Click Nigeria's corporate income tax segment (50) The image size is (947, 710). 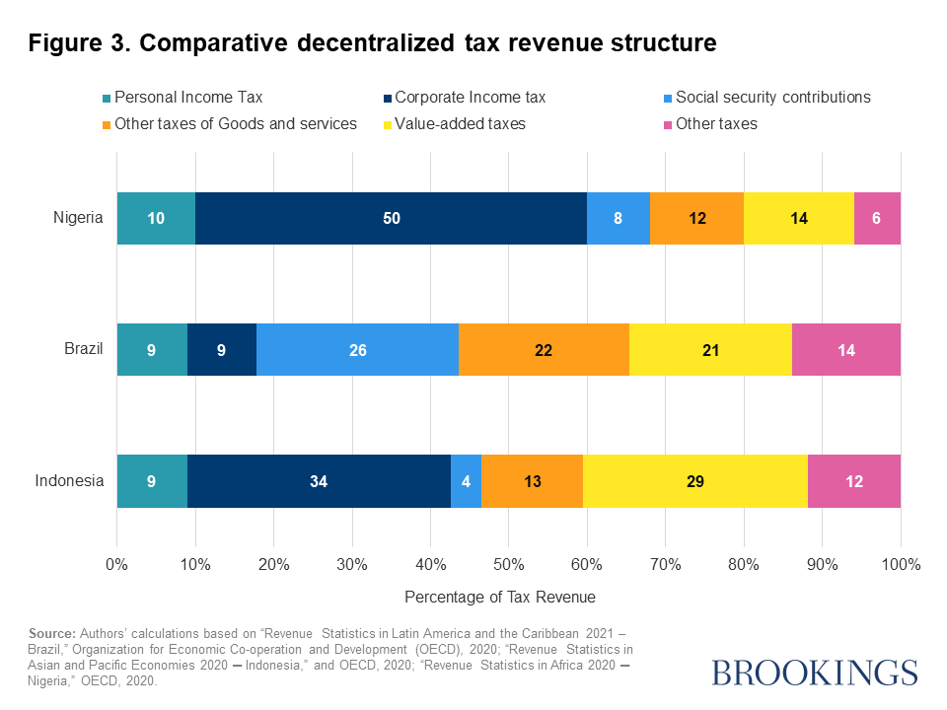(391, 218)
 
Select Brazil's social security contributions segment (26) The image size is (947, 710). (357, 349)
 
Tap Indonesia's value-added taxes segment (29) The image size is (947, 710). (694, 481)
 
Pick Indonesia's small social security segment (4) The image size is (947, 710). (466, 481)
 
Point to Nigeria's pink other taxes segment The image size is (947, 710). (877, 218)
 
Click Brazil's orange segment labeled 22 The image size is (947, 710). (544, 349)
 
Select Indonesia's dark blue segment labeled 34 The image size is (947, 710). (319, 481)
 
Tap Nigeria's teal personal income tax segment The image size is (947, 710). (156, 218)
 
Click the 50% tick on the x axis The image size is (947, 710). (509, 565)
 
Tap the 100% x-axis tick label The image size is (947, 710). (901, 565)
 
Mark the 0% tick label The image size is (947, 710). (117, 565)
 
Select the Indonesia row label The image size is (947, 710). (69, 481)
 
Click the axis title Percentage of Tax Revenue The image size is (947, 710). (500, 598)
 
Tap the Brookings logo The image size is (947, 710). (814, 673)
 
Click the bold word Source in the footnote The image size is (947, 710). (52, 632)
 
